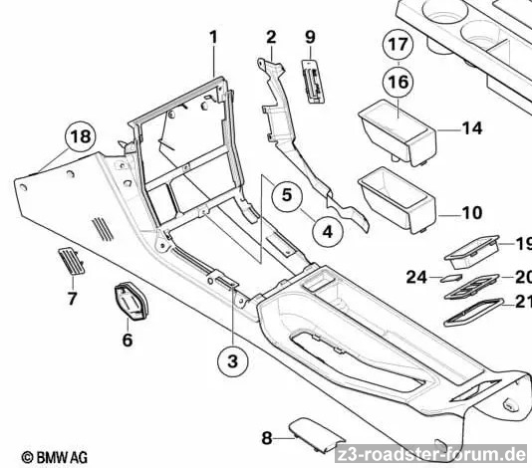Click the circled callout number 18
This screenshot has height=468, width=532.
pos(81,137)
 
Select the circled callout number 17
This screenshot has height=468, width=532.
pos(398,45)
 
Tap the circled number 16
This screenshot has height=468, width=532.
pos(398,82)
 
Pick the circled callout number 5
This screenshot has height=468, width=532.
pos(287,195)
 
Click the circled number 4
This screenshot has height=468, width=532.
pos(328,232)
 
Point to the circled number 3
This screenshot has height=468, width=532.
pos(232,360)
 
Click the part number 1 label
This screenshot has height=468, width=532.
pos(213,37)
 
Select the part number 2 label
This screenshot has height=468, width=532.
pos(271,37)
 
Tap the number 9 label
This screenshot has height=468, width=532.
pos(310,37)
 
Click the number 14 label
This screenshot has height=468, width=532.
pos(472,128)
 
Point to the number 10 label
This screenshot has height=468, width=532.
pos(472,213)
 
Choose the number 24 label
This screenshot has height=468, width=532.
pos(416,278)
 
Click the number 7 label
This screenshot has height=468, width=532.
pos(72,299)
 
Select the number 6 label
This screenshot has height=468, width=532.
pos(128,340)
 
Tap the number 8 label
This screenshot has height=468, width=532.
pos(267,438)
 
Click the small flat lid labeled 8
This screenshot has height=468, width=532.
pos(316,435)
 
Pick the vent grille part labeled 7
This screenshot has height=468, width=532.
pos(72,261)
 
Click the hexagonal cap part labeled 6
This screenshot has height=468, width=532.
pos(132,301)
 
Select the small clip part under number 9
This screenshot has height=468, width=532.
pos(314,81)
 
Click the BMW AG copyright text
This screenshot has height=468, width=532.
pos(54,457)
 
